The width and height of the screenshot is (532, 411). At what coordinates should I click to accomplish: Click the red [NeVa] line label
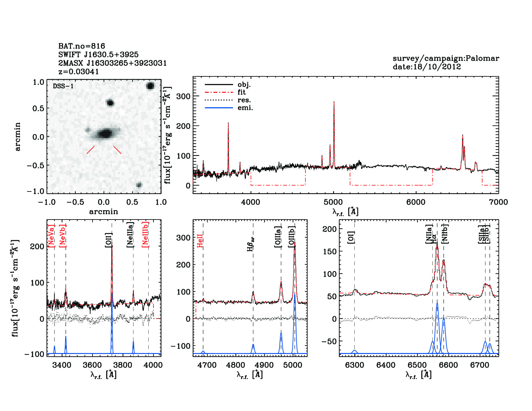51,236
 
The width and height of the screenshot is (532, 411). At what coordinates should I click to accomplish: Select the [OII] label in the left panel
109,240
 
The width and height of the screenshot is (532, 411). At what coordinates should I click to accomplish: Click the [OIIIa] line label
278,237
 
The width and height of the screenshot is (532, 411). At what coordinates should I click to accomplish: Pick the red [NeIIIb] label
145,234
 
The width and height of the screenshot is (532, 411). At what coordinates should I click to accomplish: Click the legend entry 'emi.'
245,108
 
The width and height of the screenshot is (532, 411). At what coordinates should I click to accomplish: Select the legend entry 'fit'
241,92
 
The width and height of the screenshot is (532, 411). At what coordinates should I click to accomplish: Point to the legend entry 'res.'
244,100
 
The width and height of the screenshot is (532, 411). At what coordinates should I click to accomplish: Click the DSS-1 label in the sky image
63,86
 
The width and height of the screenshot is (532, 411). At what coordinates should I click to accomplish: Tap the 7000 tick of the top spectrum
498,202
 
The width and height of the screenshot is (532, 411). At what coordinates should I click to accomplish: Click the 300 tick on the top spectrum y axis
183,96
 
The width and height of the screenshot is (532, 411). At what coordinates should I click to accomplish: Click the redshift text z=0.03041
79,72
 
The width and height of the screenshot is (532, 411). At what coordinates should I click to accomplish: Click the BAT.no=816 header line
82,46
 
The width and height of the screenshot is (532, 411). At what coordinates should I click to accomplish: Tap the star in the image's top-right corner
150,86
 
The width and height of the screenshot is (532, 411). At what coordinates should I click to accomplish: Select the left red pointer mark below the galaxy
91,150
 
